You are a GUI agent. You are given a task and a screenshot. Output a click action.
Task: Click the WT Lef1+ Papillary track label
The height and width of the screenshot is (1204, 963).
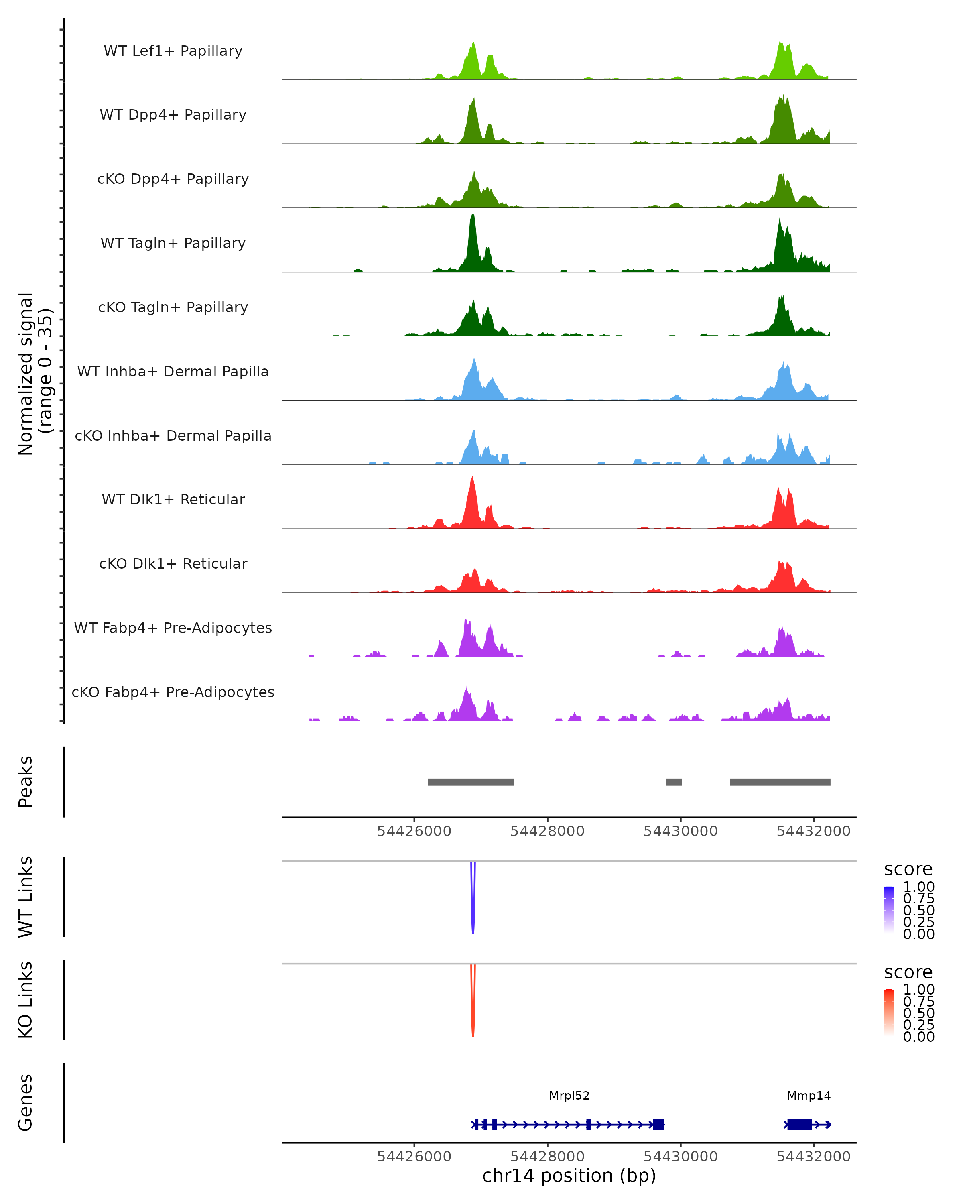click(173, 51)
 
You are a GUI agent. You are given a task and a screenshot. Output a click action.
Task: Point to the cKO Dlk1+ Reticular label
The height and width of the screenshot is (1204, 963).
click(173, 563)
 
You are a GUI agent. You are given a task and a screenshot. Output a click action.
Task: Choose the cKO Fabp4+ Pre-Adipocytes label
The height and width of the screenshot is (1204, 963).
click(173, 692)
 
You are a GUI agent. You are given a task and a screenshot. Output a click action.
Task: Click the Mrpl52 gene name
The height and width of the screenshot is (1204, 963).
click(569, 1096)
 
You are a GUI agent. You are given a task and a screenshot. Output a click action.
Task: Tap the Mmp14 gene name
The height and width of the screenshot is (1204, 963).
click(809, 1096)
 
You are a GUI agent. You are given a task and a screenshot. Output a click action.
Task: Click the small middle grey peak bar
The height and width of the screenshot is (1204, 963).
click(674, 782)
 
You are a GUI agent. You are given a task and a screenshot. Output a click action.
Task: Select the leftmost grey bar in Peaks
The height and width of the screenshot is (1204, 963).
click(471, 782)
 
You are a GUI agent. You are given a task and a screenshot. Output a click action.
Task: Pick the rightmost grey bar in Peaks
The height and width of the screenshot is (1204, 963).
click(780, 782)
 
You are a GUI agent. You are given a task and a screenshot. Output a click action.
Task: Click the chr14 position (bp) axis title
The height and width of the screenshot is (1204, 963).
click(569, 1176)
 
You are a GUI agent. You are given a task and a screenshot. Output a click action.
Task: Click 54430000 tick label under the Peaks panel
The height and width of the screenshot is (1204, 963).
click(681, 831)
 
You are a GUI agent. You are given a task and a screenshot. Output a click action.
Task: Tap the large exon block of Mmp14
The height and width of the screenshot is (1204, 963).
click(799, 1125)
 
